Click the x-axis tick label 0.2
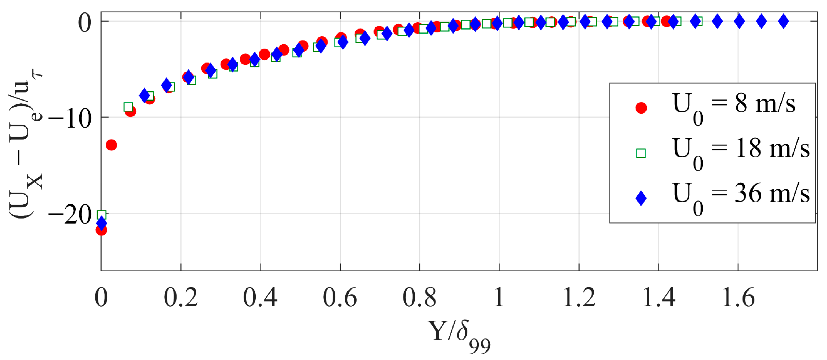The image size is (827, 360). [x=180, y=298]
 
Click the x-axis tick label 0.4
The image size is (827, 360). [x=260, y=298]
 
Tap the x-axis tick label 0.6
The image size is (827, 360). [x=340, y=298]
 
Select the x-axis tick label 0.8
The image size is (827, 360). [x=419, y=298]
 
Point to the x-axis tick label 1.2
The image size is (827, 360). [x=579, y=298]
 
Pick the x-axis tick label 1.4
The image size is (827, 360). [x=659, y=298]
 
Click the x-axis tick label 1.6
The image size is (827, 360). [x=738, y=298]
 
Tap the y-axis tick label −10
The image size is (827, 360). [x=70, y=119]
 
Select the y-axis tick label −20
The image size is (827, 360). [x=70, y=215]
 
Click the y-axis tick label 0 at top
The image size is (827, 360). [x=85, y=23]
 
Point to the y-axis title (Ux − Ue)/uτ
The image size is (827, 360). [x=25, y=145]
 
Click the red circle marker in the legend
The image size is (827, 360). [x=641, y=108]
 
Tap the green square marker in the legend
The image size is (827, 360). [x=641, y=153]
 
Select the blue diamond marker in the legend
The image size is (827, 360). [x=641, y=198]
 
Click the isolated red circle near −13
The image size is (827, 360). [x=111, y=145]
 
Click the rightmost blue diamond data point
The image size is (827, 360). [x=783, y=22]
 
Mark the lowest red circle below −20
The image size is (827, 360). [x=101, y=230]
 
